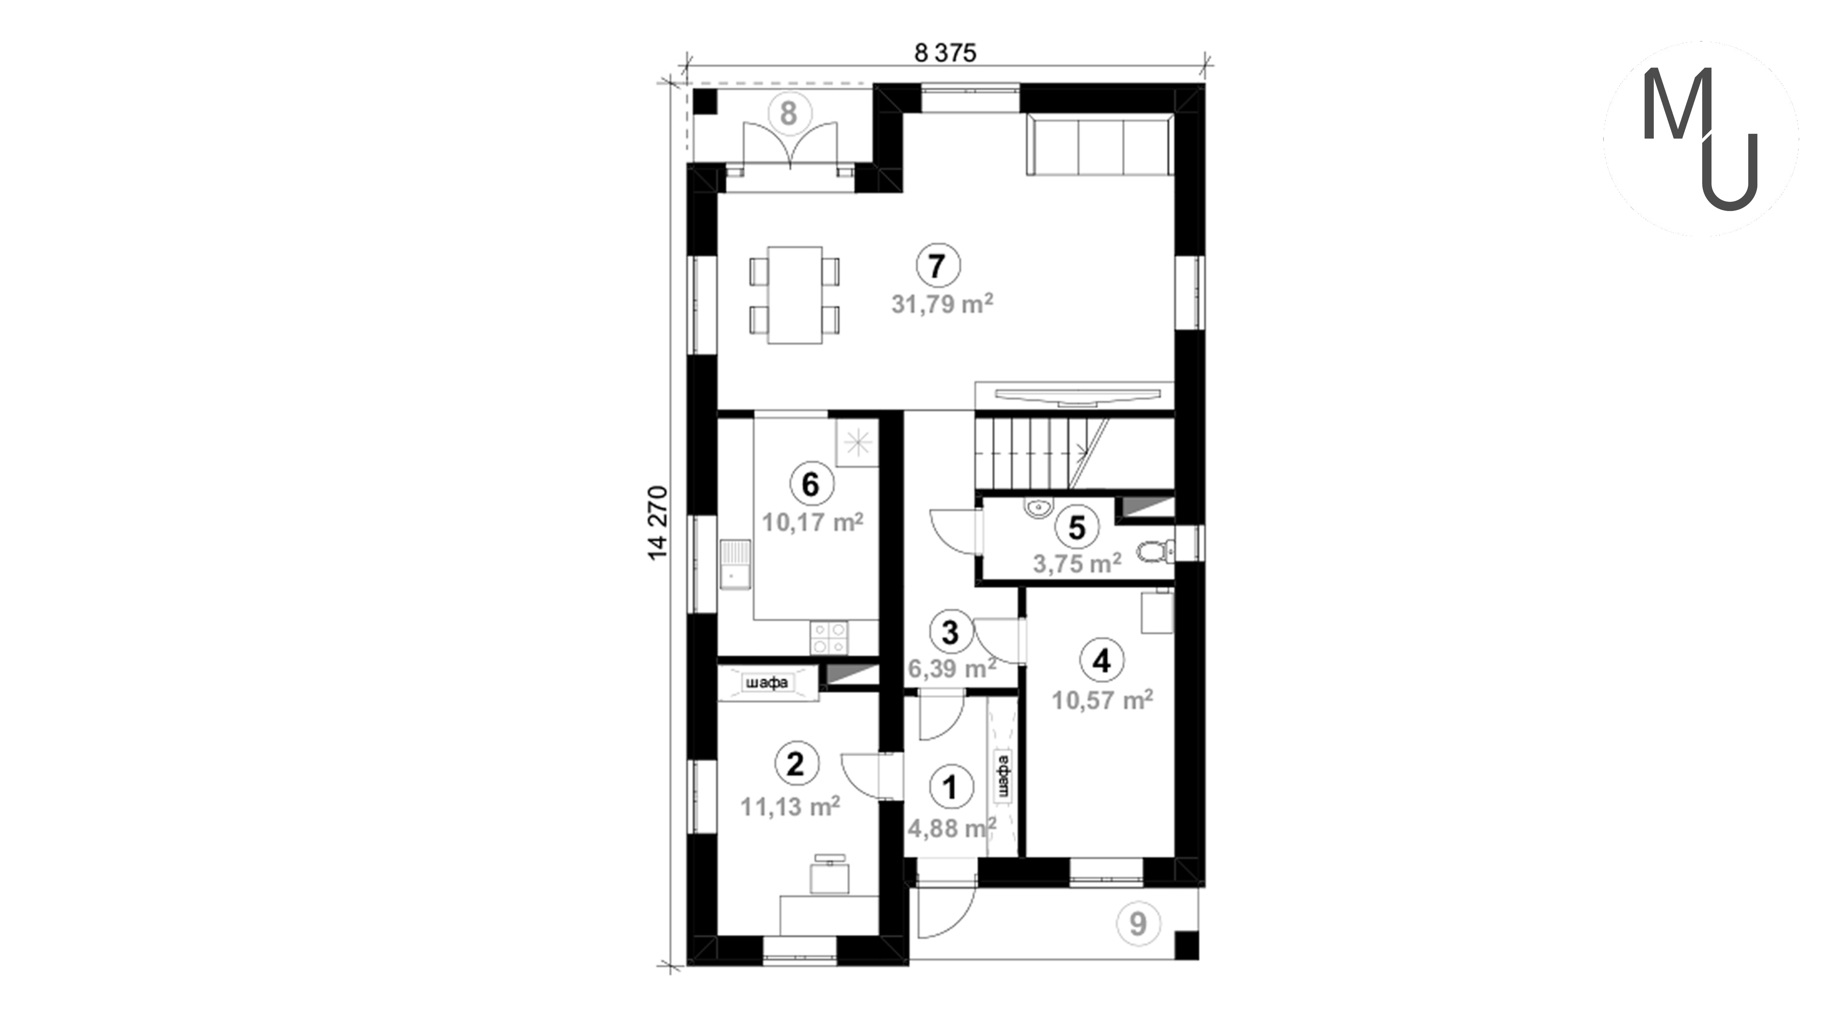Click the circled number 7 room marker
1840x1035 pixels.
click(x=938, y=266)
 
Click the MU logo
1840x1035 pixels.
click(x=1701, y=138)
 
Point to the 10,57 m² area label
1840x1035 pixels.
click(x=1102, y=700)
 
